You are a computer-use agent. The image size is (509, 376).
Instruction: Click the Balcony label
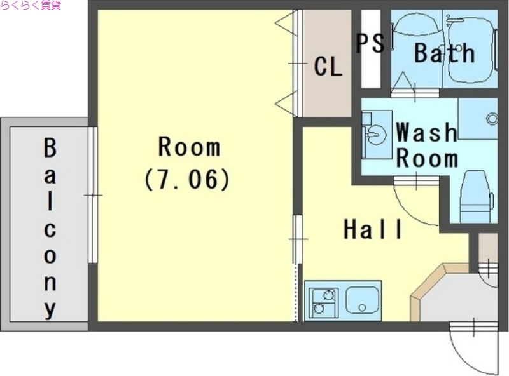point(50,229)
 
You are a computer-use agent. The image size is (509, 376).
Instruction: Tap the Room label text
point(189,147)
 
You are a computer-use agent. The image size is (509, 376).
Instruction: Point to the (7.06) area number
point(187,179)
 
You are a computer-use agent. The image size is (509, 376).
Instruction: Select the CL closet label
point(328,67)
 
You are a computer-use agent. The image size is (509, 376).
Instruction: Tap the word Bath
point(444,53)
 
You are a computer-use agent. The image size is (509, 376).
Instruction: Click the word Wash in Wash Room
point(426,132)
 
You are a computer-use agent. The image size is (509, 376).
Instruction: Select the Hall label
point(373,229)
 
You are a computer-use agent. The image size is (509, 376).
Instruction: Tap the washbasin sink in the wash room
point(376,134)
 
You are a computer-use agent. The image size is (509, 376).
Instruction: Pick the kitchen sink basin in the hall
point(363,300)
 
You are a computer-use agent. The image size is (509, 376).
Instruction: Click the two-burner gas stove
point(324,302)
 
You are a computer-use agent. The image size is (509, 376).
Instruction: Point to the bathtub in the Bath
point(470,49)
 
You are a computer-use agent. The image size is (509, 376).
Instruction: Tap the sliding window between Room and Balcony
point(93,195)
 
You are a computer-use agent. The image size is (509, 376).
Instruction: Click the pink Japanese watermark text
point(31,5)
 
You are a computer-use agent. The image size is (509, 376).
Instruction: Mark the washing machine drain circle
point(492,119)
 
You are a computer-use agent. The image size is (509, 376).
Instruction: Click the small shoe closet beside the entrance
point(488,248)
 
